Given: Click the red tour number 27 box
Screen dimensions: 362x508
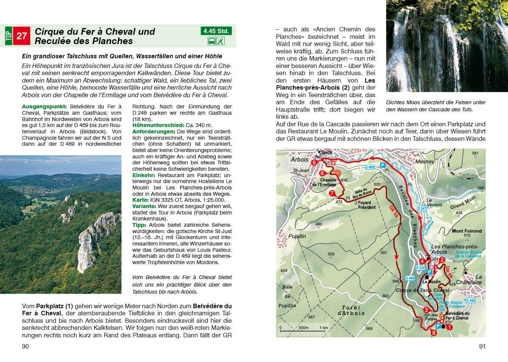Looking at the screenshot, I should pyautogui.click(x=22, y=36).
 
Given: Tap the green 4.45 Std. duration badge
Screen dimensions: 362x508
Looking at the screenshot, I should pyautogui.click(x=216, y=31).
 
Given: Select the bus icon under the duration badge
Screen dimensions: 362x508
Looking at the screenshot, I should pyautogui.click(x=212, y=41).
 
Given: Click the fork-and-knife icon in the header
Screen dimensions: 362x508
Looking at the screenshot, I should pyautogui.click(x=221, y=41).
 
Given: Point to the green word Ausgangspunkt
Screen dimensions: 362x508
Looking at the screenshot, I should pyautogui.click(x=44, y=106).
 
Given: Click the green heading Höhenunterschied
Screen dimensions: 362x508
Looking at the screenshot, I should pyautogui.click(x=158, y=125).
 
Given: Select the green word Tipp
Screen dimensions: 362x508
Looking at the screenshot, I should pyautogui.click(x=139, y=225).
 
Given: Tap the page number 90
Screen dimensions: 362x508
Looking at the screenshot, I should pyautogui.click(x=25, y=346).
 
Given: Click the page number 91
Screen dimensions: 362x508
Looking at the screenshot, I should pyautogui.click(x=482, y=346).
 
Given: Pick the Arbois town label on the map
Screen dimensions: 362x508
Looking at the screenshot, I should pyautogui.click(x=299, y=160).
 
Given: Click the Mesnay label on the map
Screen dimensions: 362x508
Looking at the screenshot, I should pyautogui.click(x=425, y=162).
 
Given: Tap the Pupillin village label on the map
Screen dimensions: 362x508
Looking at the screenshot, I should pyautogui.click(x=297, y=236).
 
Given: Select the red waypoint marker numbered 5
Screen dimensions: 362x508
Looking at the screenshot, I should pyautogui.click(x=314, y=163).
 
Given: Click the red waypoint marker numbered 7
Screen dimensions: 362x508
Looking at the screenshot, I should pyautogui.click(x=332, y=193).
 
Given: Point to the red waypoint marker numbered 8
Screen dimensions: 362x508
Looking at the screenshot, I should pyautogui.click(x=434, y=333).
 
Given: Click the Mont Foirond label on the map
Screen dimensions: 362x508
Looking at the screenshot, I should pyautogui.click(x=467, y=231).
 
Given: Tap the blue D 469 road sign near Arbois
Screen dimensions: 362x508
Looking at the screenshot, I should pyautogui.click(x=369, y=167).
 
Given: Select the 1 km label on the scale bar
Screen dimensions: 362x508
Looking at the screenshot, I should pyautogui.click(x=323, y=328).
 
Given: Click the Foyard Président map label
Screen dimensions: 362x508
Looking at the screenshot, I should pyautogui.click(x=366, y=205).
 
